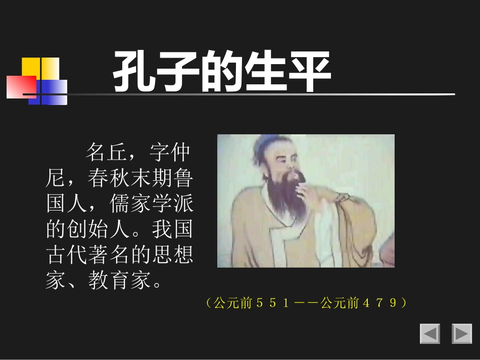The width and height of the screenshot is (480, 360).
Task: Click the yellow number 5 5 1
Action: (273, 303)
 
